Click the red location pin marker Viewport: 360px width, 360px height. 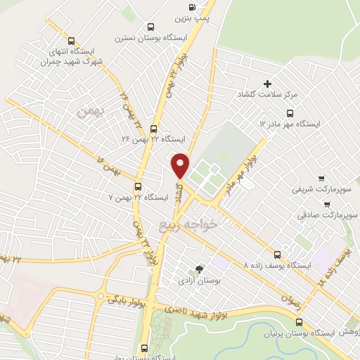[180, 165]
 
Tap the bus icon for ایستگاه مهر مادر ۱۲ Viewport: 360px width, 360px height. [291, 113]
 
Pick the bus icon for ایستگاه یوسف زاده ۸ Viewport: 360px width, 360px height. [278, 255]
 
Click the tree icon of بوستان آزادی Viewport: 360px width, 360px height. [199, 269]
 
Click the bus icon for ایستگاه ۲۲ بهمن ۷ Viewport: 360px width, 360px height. [138, 187]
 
